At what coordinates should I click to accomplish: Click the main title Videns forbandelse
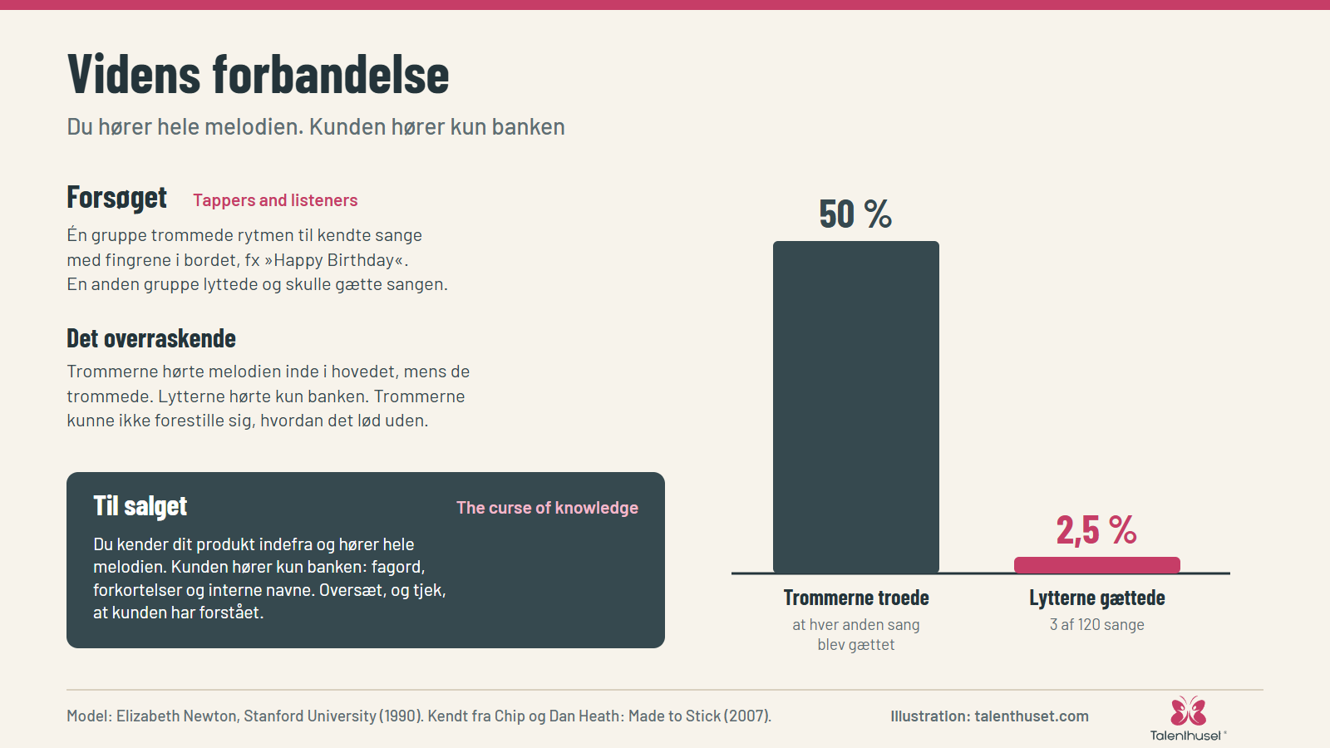[x=259, y=74]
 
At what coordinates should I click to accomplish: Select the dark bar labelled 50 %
[x=855, y=406]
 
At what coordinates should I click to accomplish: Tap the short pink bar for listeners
[x=1096, y=564]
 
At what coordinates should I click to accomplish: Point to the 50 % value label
[x=855, y=214]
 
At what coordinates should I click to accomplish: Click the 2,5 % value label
[x=1096, y=529]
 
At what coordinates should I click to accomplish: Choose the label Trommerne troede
[x=855, y=598]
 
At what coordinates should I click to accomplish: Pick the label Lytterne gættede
[x=1096, y=598]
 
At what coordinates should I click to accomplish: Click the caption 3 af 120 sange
[x=1096, y=624]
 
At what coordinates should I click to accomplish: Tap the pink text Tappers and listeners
[x=275, y=200]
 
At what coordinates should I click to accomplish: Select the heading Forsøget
[x=117, y=197]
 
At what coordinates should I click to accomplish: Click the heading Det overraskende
[x=151, y=338]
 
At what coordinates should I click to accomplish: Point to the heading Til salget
[x=140, y=506]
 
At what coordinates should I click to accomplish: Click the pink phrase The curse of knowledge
[x=547, y=508]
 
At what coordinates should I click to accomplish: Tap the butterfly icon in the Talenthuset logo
[x=1188, y=711]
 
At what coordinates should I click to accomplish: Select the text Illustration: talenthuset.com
[x=989, y=716]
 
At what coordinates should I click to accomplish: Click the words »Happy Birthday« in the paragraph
[x=336, y=260]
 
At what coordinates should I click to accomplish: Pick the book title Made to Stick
[x=672, y=716]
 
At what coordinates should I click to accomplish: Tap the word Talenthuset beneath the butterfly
[x=1185, y=736]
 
